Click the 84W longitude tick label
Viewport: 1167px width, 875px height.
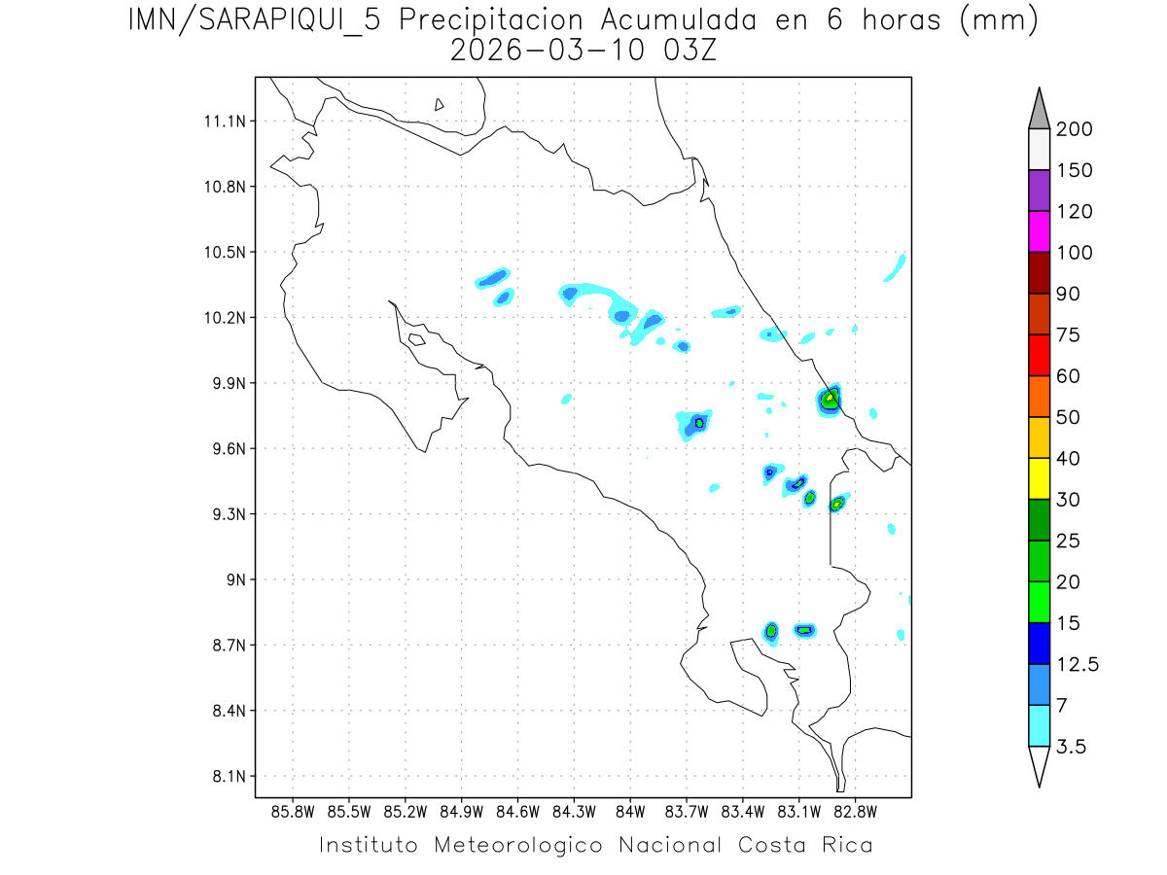630,811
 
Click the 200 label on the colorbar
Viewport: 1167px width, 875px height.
1074,129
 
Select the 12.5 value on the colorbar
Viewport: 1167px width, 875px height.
1079,664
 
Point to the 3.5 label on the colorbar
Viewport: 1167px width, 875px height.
1073,747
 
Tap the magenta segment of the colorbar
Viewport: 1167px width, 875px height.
1039,231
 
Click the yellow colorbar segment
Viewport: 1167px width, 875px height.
1039,478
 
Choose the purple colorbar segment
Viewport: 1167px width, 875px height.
1039,191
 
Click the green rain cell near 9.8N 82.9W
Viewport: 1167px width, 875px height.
830,398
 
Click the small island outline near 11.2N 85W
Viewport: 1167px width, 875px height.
440,104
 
